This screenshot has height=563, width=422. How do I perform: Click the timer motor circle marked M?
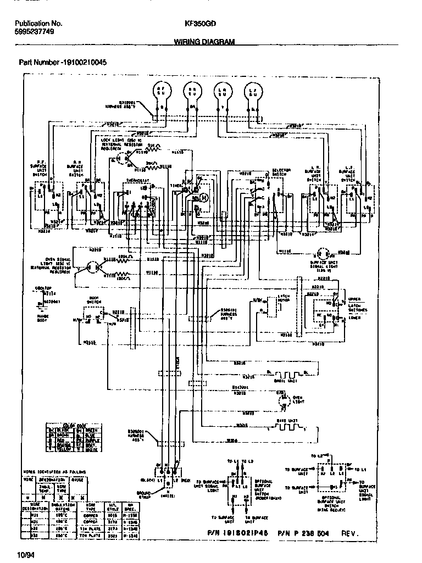(x=204, y=197)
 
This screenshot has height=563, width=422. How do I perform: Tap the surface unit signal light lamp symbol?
(x=324, y=254)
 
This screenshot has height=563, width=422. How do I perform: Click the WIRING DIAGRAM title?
(x=204, y=41)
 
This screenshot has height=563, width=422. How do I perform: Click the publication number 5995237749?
(x=35, y=32)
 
